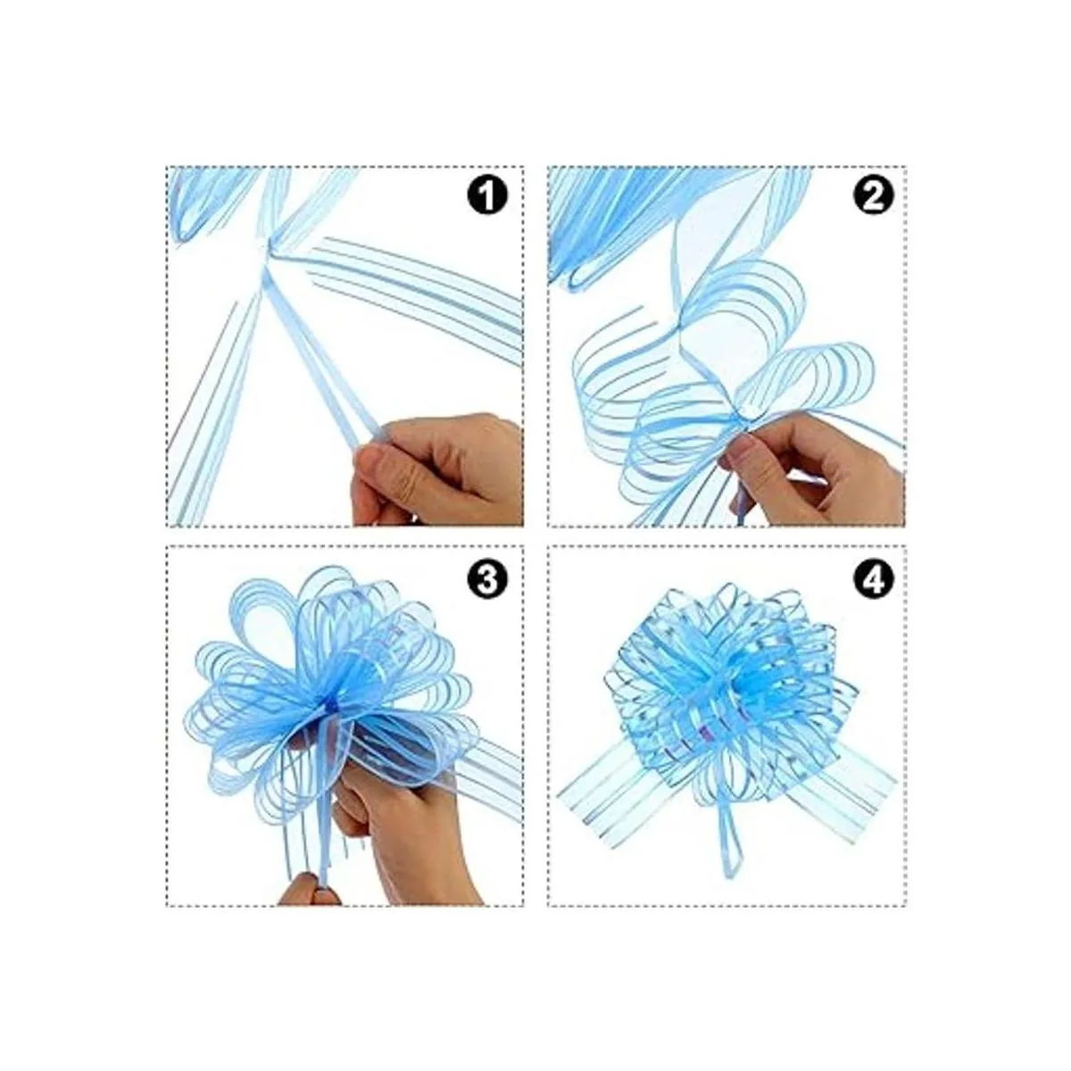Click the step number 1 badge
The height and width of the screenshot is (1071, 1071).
pos(487,196)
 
